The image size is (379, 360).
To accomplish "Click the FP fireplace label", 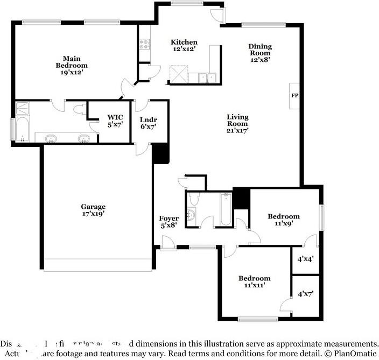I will click(294, 96).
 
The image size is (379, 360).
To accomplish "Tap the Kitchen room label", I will click(184, 42).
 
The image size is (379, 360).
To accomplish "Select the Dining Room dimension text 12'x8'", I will click(259, 60).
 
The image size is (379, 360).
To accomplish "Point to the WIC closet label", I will click(115, 117).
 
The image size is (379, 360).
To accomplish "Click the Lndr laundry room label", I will click(148, 119).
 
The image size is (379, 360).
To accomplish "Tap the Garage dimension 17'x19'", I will click(93, 213).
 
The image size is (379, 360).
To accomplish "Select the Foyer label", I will click(169, 218).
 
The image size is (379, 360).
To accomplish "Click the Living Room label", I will click(237, 117).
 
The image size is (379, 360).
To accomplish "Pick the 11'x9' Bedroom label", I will click(284, 216).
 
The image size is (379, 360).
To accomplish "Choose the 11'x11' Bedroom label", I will click(255, 278).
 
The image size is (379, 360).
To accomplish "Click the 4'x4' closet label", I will click(305, 258).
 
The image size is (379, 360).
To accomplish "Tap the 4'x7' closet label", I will click(305, 294).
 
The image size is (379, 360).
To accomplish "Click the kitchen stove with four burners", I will click(144, 44).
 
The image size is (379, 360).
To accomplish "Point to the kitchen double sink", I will click(207, 78).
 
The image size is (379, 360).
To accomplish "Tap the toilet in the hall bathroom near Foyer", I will click(194, 199).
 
